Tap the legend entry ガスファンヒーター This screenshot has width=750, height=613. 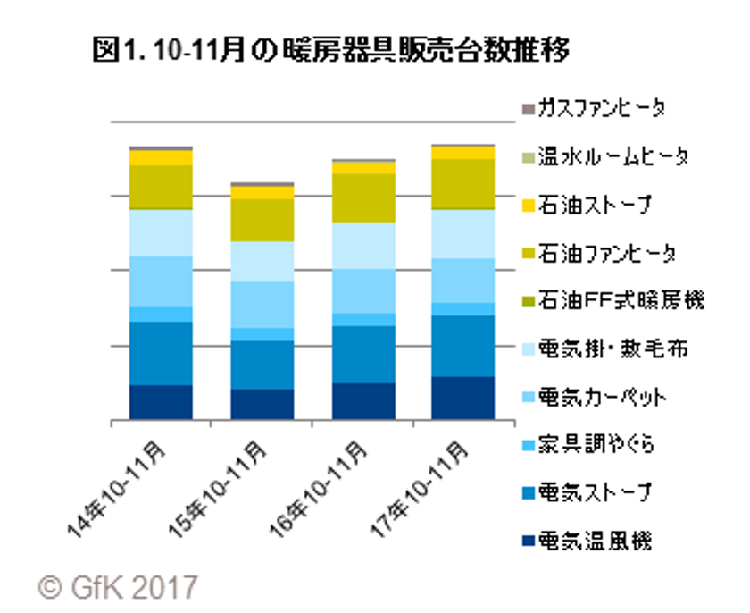(x=606, y=109)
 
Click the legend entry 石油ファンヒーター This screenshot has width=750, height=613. (x=606, y=254)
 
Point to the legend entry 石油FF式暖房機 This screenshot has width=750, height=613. (x=617, y=302)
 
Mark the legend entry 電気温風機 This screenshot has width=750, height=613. (x=598, y=541)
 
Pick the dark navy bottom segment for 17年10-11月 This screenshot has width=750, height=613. (x=463, y=398)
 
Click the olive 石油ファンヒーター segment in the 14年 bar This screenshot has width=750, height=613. (x=161, y=187)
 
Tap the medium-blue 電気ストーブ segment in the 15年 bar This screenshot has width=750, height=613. (x=262, y=365)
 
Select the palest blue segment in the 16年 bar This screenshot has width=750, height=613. (x=363, y=245)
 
